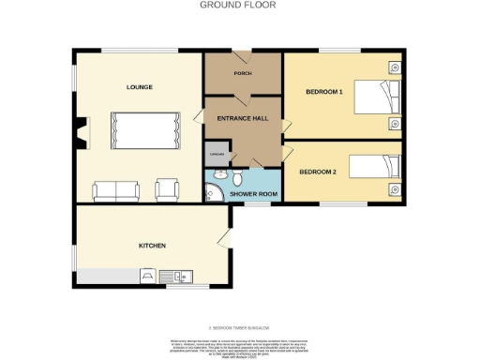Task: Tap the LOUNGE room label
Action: coord(140,87)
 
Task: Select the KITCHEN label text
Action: coord(152,246)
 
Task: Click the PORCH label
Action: coord(243,73)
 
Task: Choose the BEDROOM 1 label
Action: coord(324,92)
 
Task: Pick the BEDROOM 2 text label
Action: coord(317,172)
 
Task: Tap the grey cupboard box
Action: coord(217,155)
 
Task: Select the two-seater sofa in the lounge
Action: coord(117,190)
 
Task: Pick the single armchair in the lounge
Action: coord(168,189)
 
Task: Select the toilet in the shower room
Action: coord(238,177)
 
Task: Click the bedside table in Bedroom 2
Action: coord(393,190)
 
